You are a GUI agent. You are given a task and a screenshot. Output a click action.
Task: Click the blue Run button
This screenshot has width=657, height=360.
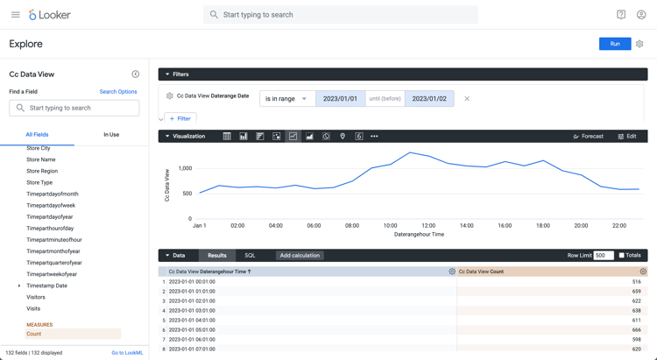[615, 44]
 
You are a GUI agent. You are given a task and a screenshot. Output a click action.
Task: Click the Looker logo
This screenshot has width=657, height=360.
[50, 15]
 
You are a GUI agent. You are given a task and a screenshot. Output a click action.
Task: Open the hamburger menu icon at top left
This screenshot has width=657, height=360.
[15, 15]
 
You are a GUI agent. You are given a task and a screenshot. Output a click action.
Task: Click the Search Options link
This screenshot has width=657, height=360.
[118, 92]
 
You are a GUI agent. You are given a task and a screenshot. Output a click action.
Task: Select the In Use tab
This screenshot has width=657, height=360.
[111, 135]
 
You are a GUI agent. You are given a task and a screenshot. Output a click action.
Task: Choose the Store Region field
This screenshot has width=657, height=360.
[42, 171]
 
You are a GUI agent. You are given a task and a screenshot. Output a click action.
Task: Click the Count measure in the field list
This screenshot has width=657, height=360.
[34, 334]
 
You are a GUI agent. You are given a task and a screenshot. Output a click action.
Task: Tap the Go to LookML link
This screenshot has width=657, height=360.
[127, 353]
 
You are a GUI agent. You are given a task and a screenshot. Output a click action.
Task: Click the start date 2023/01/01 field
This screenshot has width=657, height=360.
[340, 99]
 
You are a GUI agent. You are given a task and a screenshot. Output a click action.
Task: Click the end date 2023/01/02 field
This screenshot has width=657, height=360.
[429, 99]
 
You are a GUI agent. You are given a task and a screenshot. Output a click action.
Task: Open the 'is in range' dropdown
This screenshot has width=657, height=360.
[287, 99]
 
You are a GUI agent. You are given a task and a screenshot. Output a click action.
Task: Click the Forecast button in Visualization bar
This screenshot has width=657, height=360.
[588, 137]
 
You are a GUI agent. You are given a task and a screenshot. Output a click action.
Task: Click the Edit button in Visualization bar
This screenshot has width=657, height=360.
[627, 137]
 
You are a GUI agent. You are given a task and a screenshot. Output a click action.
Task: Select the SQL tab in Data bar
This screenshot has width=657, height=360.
[250, 256]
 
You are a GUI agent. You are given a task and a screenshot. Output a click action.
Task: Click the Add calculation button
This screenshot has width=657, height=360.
[300, 256]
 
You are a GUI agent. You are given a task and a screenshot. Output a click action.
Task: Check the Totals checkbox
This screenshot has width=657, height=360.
[622, 256]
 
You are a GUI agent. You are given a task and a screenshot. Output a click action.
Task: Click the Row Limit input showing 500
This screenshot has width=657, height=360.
[603, 256]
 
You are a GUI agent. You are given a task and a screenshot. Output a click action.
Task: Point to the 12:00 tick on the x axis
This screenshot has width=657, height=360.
[428, 225]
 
